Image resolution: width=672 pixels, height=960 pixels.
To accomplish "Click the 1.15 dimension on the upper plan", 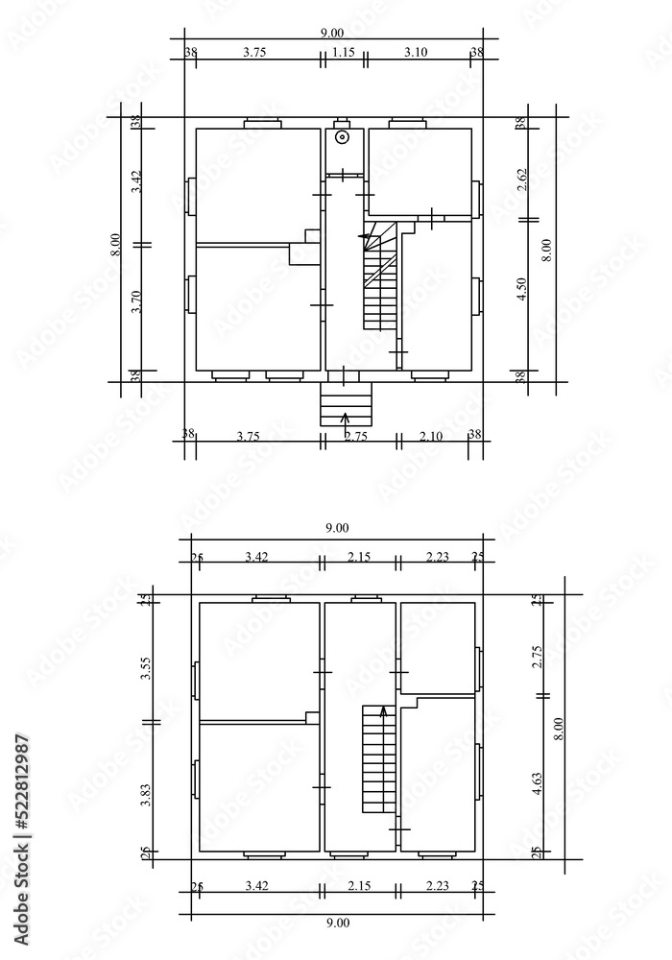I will click(x=343, y=53).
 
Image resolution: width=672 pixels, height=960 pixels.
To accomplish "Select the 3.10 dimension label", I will click(x=416, y=53).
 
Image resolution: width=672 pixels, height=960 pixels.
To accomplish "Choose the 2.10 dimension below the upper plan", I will click(x=431, y=436).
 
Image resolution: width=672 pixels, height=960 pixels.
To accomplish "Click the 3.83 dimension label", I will click(x=146, y=796).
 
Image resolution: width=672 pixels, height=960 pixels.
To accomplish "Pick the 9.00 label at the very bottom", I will click(x=337, y=924).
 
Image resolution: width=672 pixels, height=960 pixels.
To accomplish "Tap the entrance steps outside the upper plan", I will click(x=345, y=403).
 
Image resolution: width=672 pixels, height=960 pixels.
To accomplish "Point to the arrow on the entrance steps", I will click(x=346, y=418).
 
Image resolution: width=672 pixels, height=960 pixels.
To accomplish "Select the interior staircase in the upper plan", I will click(x=380, y=283).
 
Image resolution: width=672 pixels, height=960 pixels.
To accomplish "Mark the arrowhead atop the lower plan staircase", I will click(x=384, y=711).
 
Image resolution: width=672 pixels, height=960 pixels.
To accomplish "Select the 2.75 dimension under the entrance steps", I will click(x=355, y=437).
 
